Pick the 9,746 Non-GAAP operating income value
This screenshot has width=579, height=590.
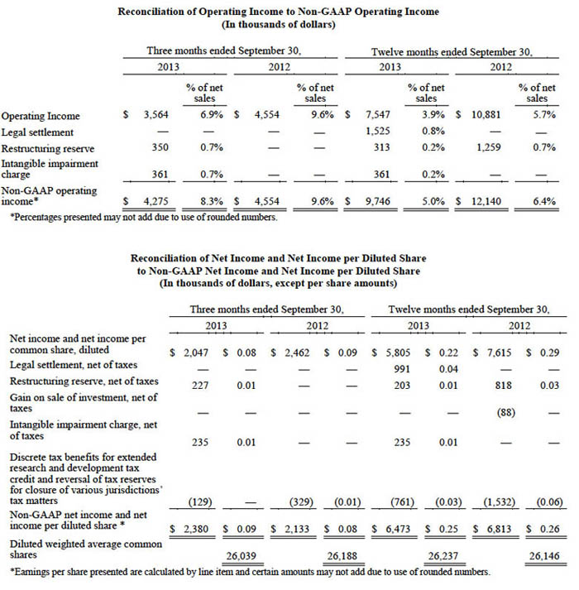pos(380,199)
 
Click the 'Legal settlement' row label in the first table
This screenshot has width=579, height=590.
pos(36,132)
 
